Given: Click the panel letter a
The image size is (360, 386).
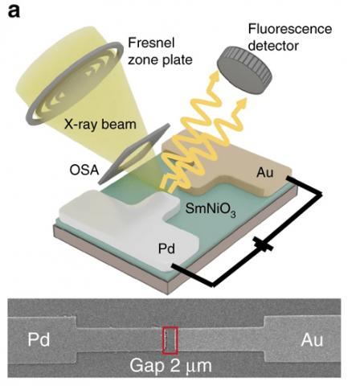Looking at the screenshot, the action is [x=14, y=11].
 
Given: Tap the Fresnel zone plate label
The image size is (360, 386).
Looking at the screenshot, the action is [x=160, y=51].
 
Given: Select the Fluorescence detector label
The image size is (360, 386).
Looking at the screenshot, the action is [x=290, y=37].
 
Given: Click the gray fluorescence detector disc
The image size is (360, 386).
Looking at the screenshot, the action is [x=244, y=70].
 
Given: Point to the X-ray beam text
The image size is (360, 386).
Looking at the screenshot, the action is [x=100, y=125].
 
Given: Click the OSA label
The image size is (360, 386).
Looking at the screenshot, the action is [x=84, y=170].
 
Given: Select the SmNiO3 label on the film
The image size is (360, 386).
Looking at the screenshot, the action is [x=211, y=210].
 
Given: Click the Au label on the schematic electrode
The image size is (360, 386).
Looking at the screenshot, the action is [x=265, y=173].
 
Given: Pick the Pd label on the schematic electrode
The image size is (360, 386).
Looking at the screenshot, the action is [x=166, y=248].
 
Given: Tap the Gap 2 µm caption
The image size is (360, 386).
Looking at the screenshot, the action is [x=171, y=366].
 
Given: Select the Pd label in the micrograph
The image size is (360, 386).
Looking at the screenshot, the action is [x=39, y=339].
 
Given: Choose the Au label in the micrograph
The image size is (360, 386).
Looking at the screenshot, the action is [x=312, y=340].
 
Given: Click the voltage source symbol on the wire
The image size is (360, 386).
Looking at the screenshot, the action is [x=264, y=244].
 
